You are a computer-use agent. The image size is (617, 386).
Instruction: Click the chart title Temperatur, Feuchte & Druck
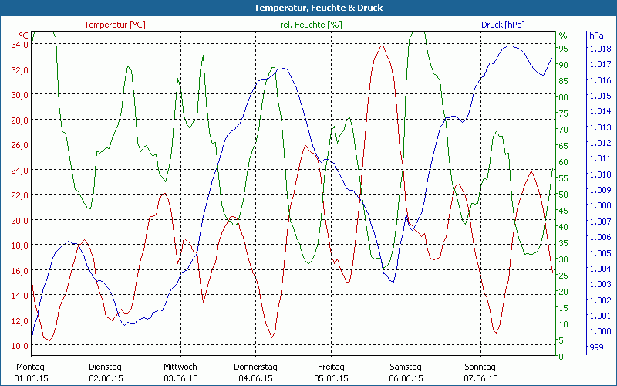pyautogui.click(x=308, y=8)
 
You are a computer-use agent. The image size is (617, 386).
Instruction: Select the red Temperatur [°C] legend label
pyautogui.click(x=115, y=25)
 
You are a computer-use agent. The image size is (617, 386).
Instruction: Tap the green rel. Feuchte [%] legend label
pyautogui.click(x=311, y=25)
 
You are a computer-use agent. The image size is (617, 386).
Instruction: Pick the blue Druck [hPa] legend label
pyautogui.click(x=503, y=25)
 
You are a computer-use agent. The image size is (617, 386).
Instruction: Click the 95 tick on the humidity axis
pyautogui.click(x=564, y=49)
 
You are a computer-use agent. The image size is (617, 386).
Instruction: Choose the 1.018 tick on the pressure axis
pyautogui.click(x=599, y=49)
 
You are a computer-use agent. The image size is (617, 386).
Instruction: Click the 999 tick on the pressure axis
pyautogui.click(x=597, y=347)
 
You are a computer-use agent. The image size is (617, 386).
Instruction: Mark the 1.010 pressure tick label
pyautogui.click(x=599, y=174)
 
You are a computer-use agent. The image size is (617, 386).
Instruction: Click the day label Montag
pyautogui.click(x=30, y=367)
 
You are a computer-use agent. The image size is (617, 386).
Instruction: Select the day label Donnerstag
pyautogui.click(x=256, y=367)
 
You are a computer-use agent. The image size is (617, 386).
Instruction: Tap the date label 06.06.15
pyautogui.click(x=406, y=378)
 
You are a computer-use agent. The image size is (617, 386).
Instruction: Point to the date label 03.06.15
pyautogui.click(x=180, y=378)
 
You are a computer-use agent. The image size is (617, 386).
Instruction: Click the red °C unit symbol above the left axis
pyautogui.click(x=24, y=36)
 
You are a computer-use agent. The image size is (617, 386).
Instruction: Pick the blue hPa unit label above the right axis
pyautogui.click(x=596, y=36)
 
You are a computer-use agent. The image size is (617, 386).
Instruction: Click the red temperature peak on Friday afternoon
pyautogui.click(x=381, y=46)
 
